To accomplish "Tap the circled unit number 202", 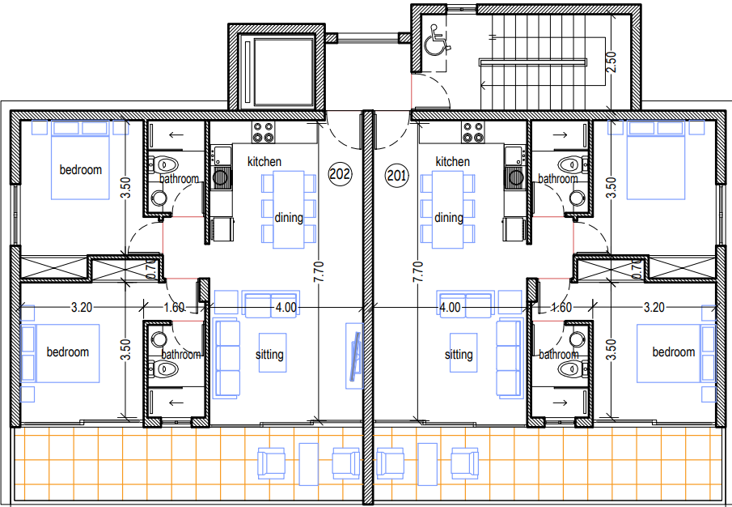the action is point(340,174).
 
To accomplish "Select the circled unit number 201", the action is point(397,176).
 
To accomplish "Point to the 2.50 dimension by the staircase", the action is point(611,62).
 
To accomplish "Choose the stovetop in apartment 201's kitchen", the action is point(473,132).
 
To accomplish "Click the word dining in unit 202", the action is point(289,217).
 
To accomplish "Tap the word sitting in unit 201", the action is point(459,355).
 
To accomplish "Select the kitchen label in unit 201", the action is point(452,162).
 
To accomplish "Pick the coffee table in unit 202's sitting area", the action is point(273,352).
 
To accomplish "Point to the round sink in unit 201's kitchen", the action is point(516,177).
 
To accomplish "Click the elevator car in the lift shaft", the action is point(278,71).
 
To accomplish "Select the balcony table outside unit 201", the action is point(428,463).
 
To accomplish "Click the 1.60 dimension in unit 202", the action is point(174,308).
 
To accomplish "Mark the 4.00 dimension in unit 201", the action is point(450,308).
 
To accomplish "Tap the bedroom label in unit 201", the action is point(674,351).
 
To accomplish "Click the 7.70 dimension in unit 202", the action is point(319,271).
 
